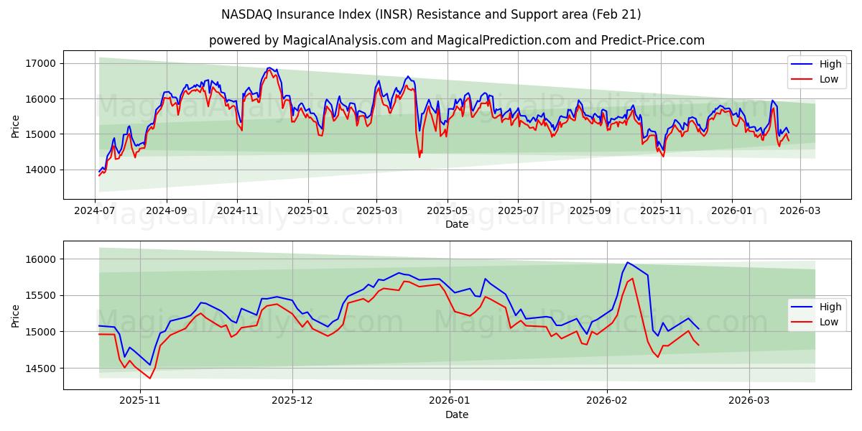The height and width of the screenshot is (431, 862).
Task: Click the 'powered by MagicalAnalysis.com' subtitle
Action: click(456, 40)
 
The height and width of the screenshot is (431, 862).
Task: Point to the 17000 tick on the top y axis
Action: click(40, 63)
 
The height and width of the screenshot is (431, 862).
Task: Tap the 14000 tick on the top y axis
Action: click(40, 170)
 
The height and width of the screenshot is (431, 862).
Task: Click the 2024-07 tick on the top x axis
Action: click(96, 211)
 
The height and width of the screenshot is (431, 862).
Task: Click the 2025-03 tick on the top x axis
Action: click(377, 211)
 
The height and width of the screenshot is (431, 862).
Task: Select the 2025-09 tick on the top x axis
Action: click(590, 211)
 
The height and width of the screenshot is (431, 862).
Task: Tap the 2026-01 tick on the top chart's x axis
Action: click(732, 211)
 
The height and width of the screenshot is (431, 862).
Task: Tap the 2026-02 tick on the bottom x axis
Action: click(607, 402)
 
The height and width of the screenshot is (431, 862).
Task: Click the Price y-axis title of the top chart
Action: click(16, 125)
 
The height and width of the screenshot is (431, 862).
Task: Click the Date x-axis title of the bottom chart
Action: click(456, 414)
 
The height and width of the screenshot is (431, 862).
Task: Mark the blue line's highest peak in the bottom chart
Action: click(627, 262)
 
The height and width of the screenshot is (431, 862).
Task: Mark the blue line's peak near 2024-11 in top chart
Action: click(269, 68)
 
